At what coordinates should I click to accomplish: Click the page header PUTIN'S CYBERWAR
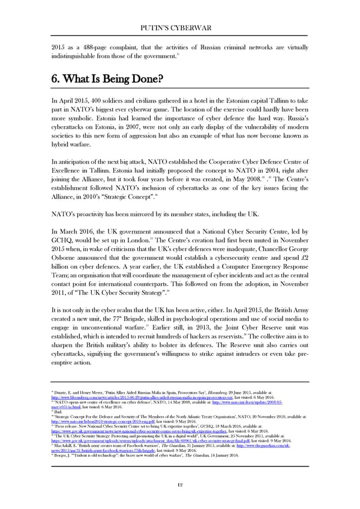tap(179, 26)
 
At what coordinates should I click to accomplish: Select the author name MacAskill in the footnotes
tap(67, 445)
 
